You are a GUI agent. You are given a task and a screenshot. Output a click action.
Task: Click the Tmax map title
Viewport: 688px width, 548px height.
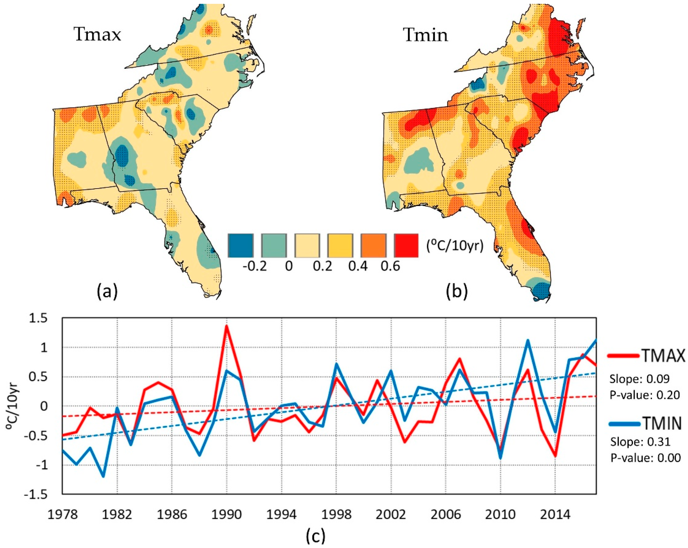click(x=98, y=34)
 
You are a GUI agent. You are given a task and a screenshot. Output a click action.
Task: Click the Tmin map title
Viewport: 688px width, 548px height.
click(x=426, y=35)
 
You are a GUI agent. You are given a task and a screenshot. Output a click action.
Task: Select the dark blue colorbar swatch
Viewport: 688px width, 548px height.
click(x=241, y=245)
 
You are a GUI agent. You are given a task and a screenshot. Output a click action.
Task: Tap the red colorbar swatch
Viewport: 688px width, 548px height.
click(x=406, y=245)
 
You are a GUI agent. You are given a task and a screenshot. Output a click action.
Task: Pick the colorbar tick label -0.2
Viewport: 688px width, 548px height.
click(x=254, y=266)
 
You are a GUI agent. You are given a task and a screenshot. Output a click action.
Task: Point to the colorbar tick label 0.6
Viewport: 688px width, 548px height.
click(x=390, y=266)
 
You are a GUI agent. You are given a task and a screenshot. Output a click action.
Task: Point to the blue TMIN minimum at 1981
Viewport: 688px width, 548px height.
click(x=103, y=476)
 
